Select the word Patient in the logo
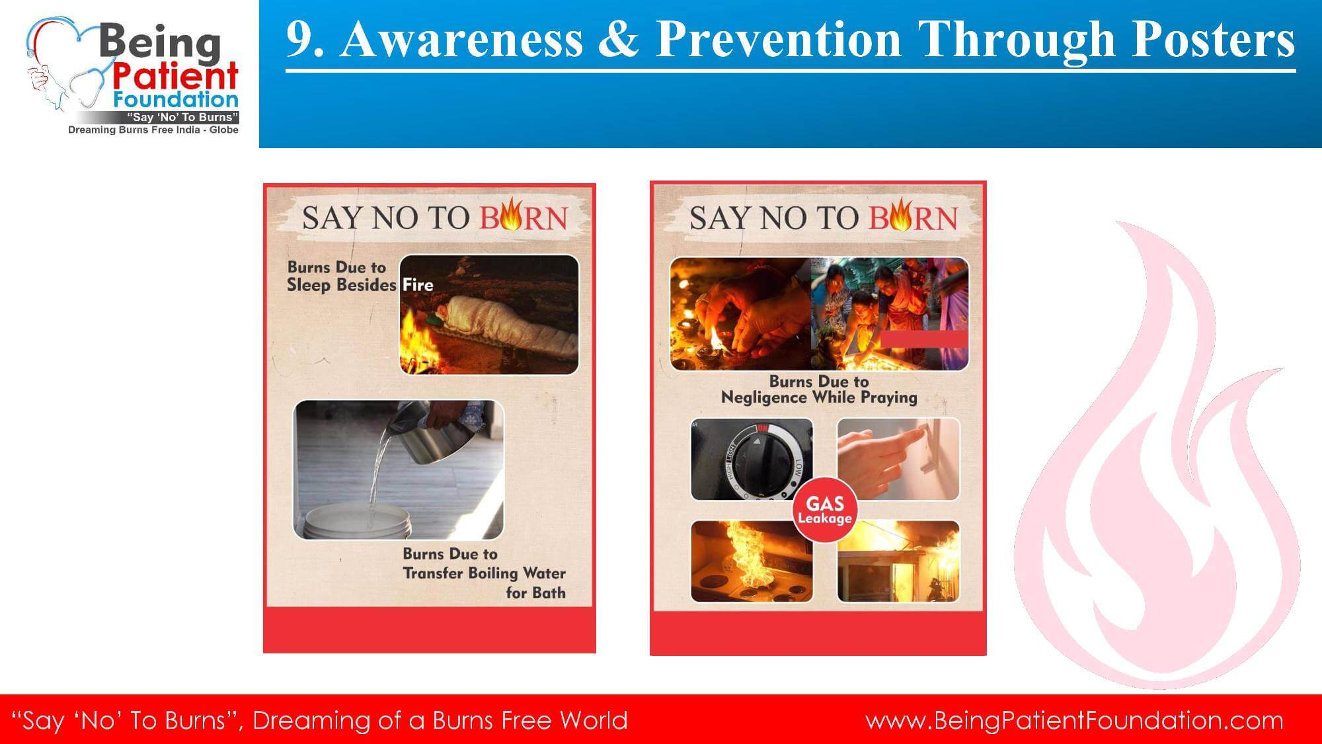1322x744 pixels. tap(174, 76)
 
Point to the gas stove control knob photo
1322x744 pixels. tap(752, 460)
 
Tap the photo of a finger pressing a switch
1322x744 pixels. tap(898, 460)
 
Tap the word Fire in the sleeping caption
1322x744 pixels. tap(418, 285)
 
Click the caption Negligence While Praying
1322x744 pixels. tap(819, 397)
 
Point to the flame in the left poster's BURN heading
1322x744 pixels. tap(510, 215)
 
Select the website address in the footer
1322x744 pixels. tap(1074, 720)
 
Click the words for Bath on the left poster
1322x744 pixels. tap(535, 593)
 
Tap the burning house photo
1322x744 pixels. tap(898, 561)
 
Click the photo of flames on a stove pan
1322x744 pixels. tap(752, 561)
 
